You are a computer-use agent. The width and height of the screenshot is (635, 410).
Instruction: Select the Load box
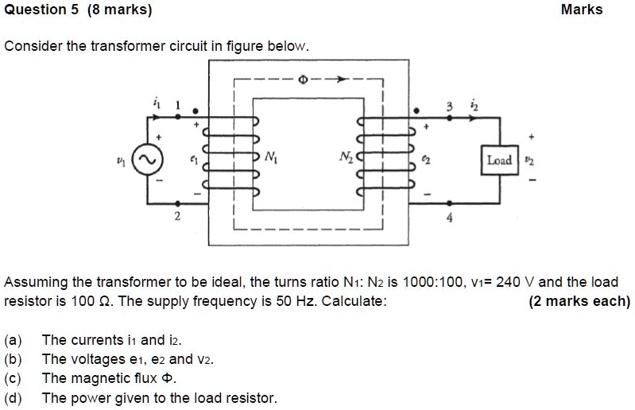pos(499,160)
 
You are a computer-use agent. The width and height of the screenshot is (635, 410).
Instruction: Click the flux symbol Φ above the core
pos(302,80)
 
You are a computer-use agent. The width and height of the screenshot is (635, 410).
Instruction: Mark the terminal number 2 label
pos(177,215)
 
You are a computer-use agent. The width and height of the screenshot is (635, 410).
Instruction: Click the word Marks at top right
pos(581,10)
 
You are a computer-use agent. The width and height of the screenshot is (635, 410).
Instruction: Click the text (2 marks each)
pos(579,301)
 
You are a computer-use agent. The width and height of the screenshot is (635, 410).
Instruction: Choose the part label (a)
pos(14,341)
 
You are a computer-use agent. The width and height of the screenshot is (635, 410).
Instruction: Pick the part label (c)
pos(14,378)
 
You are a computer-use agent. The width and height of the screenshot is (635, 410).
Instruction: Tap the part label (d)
pos(14,397)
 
